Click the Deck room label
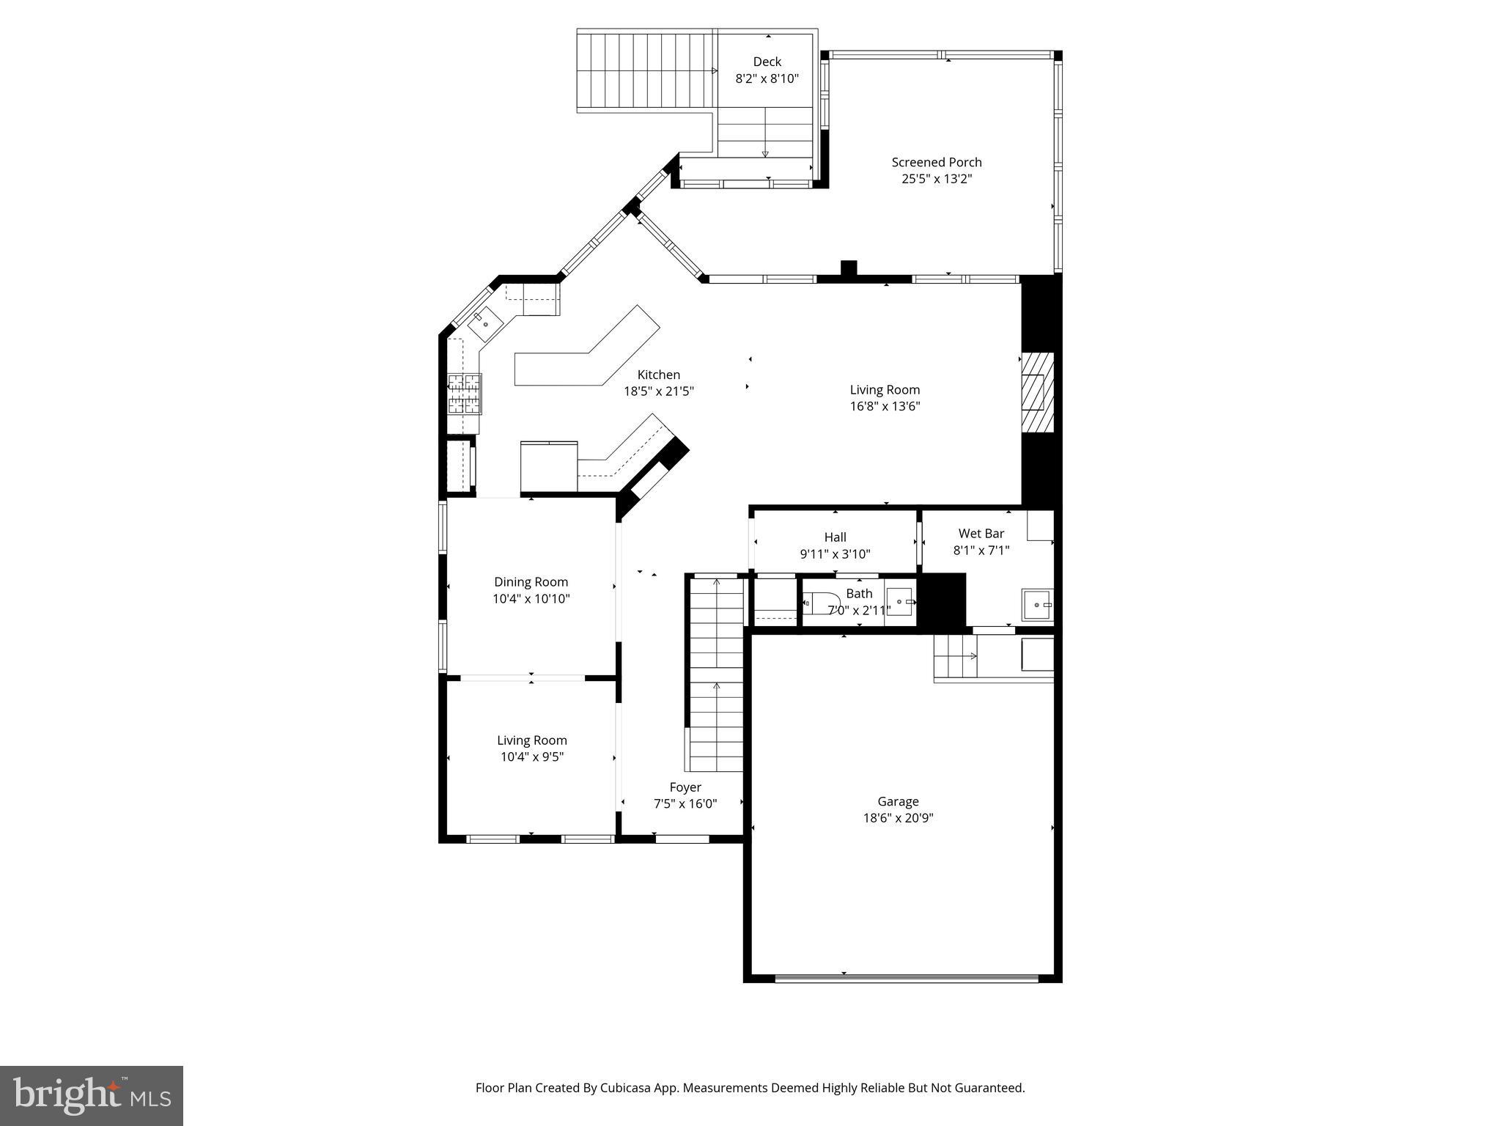(767, 62)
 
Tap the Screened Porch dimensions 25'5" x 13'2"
(936, 179)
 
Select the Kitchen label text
(658, 375)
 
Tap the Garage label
(898, 801)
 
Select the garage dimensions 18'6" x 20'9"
(898, 818)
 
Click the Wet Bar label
(981, 534)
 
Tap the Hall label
(835, 537)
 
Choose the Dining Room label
(531, 582)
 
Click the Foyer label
(685, 787)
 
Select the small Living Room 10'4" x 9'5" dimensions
(531, 757)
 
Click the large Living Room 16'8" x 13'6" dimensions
(885, 407)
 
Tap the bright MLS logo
(92, 1096)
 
